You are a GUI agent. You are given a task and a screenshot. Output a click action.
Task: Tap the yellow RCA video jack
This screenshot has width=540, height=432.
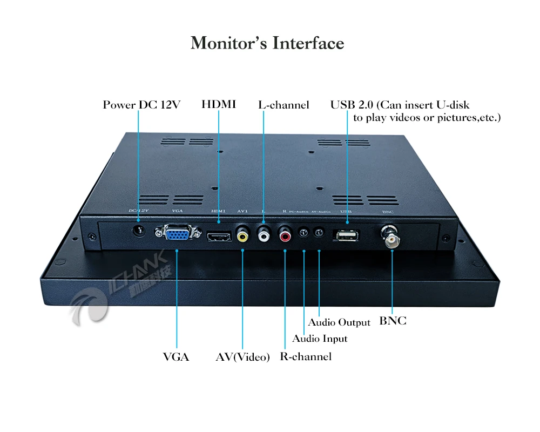click(x=242, y=235)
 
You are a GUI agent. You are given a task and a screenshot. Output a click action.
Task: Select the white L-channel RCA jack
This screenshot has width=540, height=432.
click(x=264, y=234)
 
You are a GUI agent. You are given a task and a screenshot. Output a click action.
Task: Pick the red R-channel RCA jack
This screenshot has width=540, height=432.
click(x=285, y=234)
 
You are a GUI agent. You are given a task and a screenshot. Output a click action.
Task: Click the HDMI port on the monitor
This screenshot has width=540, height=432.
click(x=219, y=236)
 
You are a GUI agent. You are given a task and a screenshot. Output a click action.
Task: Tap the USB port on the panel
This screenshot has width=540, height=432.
click(x=347, y=235)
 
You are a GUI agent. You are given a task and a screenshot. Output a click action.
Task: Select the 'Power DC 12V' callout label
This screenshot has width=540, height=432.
click(x=141, y=105)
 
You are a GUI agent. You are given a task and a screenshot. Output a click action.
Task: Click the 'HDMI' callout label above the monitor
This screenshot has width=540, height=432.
click(x=219, y=104)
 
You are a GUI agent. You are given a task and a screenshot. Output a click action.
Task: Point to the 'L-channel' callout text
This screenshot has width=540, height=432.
click(x=283, y=105)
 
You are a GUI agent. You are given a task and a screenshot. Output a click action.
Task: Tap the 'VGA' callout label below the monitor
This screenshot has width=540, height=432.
click(x=176, y=357)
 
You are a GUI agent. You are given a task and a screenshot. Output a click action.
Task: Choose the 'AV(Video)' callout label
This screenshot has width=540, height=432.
click(x=242, y=357)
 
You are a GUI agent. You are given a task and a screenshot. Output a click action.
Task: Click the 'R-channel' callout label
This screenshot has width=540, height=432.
click(x=306, y=356)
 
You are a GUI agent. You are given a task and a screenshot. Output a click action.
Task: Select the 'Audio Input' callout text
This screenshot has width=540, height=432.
click(x=320, y=339)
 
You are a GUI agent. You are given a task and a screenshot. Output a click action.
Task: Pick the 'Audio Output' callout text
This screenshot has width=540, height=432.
click(x=339, y=322)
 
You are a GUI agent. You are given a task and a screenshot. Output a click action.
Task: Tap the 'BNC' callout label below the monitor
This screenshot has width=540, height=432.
click(x=393, y=321)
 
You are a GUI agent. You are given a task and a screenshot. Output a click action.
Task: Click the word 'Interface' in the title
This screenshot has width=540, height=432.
click(x=308, y=43)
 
